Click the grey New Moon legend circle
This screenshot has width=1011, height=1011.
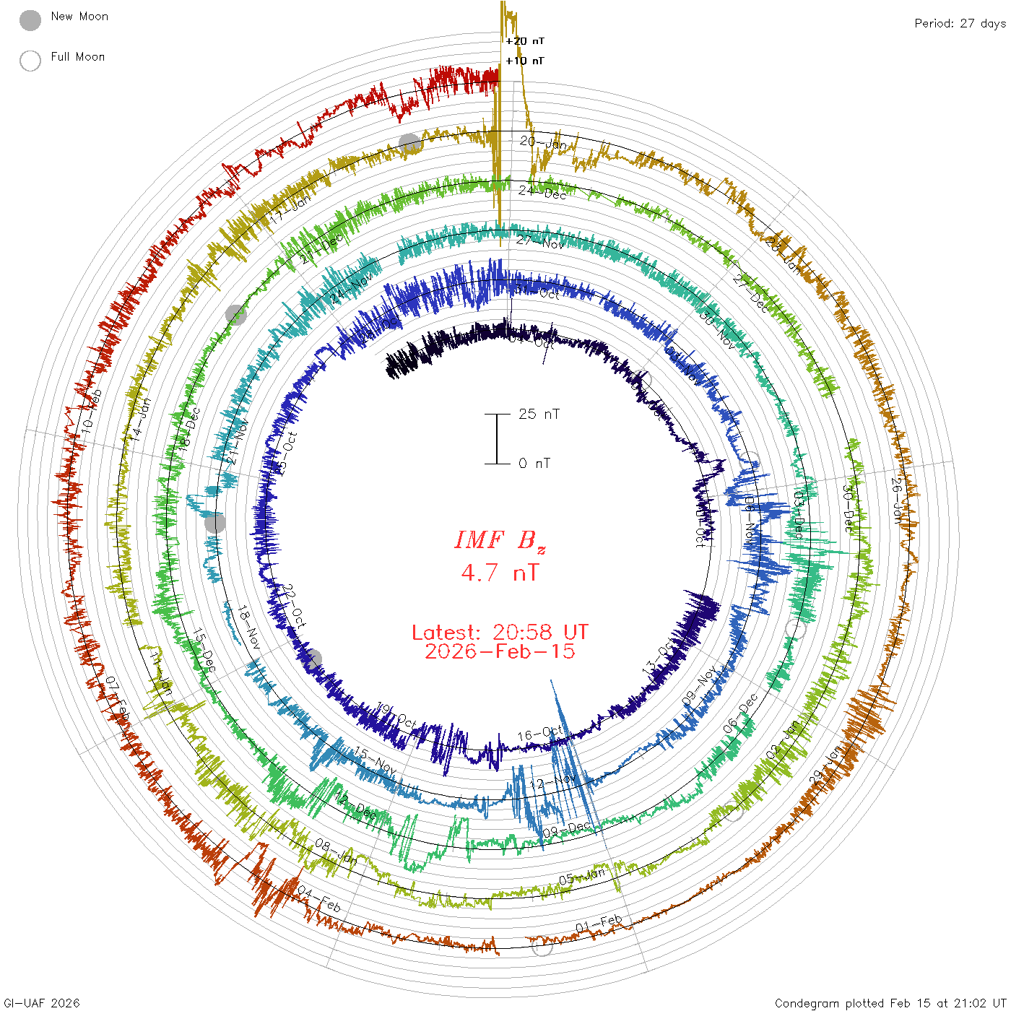[x=30, y=21]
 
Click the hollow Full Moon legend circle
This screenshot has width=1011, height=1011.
[x=30, y=61]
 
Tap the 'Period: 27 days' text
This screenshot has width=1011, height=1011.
[x=960, y=23]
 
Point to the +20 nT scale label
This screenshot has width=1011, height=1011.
[x=525, y=41]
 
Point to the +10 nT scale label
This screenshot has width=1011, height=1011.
[x=525, y=61]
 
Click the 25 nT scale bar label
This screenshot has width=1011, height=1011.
[x=539, y=414]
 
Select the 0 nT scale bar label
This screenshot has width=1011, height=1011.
[x=534, y=463]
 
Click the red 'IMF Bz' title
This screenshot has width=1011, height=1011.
[x=500, y=540]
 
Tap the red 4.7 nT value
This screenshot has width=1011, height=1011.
[x=500, y=573]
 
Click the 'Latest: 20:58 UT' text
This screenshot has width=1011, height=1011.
[x=500, y=633]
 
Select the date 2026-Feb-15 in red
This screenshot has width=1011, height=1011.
[x=500, y=651]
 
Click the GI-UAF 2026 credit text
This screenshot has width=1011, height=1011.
[x=42, y=1003]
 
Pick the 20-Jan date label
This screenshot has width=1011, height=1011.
[x=543, y=142]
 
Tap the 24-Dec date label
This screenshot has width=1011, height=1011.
[x=542, y=192]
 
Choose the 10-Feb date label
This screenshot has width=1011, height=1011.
[x=92, y=411]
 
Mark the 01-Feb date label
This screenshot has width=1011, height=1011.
[x=599, y=924]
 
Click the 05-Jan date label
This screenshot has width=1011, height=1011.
[x=582, y=877]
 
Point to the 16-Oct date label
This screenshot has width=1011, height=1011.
[x=539, y=734]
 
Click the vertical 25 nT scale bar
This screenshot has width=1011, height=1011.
[x=497, y=438]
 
